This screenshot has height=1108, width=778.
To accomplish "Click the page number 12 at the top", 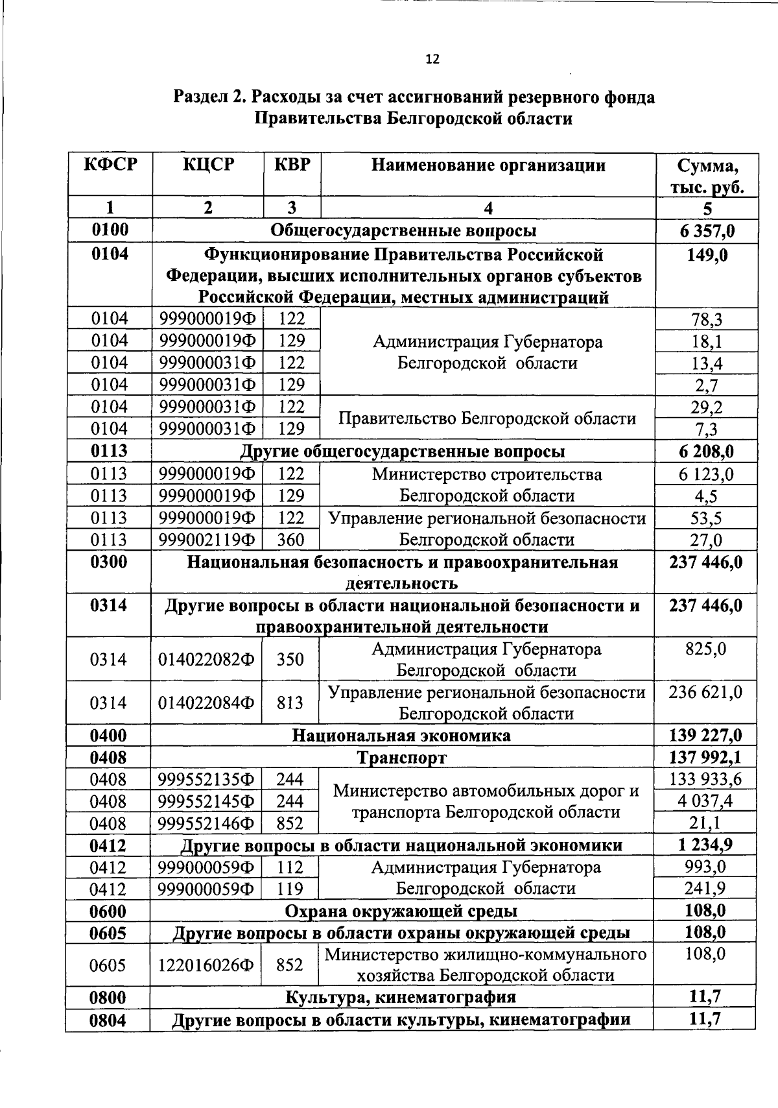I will (432, 60).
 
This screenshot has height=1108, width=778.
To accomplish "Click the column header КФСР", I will (110, 164).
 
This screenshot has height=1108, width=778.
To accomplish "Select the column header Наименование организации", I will (488, 165).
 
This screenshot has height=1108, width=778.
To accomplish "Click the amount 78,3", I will (707, 319).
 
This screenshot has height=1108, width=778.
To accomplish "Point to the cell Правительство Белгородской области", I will (487, 418).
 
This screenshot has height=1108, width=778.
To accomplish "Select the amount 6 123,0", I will (707, 475).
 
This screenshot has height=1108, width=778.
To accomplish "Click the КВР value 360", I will (291, 540).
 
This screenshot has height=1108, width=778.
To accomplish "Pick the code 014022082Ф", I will (207, 660).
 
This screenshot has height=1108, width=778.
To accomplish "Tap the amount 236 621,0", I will (705, 692).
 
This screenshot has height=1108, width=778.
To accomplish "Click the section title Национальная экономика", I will (401, 736).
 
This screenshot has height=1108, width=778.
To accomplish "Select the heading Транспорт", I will (401, 758).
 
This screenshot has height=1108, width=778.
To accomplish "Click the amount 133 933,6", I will (705, 779).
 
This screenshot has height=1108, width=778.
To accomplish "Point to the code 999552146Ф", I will (207, 824).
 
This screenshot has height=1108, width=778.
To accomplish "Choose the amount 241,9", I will (705, 889).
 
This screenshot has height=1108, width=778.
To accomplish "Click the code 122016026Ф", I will (207, 966).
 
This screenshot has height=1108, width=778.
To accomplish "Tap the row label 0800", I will (108, 997).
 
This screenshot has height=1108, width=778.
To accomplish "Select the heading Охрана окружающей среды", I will (401, 911).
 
